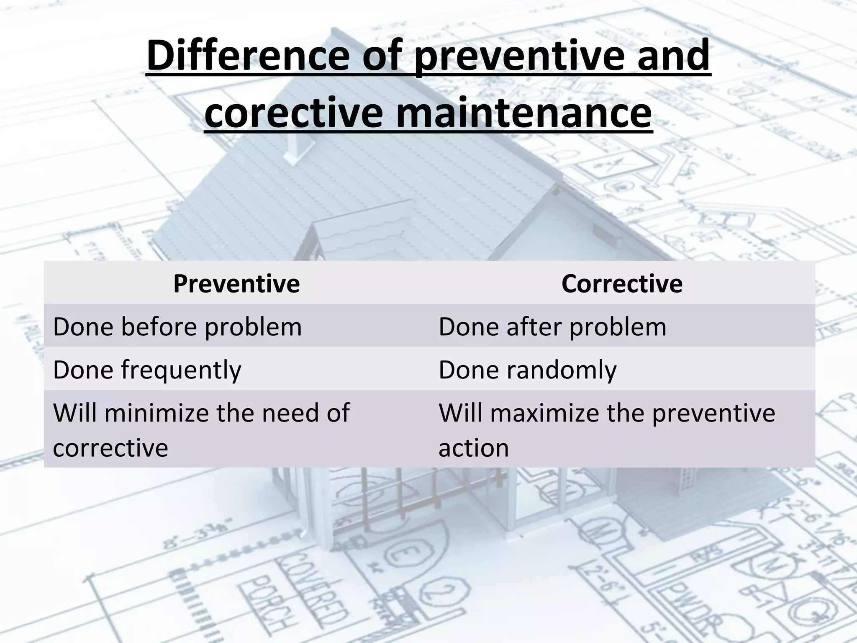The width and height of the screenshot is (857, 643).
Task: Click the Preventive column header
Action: pos(236,284)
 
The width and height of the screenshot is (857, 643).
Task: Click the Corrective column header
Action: pos(622,284)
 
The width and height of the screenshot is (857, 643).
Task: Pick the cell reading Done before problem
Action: pos(177,327)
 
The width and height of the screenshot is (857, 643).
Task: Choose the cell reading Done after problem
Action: pos(552,327)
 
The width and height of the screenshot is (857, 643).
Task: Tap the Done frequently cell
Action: pos(147,370)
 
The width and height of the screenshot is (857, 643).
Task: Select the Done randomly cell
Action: pos(527,370)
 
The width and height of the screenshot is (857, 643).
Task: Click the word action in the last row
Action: pos(474,448)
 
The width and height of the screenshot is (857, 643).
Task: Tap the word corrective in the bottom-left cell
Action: pos(110,448)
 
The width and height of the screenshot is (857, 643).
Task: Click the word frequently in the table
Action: pos(181,370)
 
